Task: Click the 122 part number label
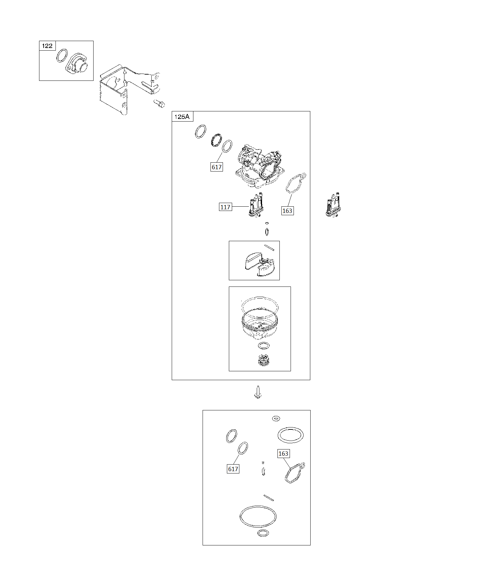47,46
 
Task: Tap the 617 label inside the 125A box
217,167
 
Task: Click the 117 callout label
225,207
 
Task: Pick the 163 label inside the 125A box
287,211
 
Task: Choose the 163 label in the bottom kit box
283,454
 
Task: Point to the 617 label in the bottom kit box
233,469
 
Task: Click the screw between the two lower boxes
258,392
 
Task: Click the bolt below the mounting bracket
159,104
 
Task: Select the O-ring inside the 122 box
62,56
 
